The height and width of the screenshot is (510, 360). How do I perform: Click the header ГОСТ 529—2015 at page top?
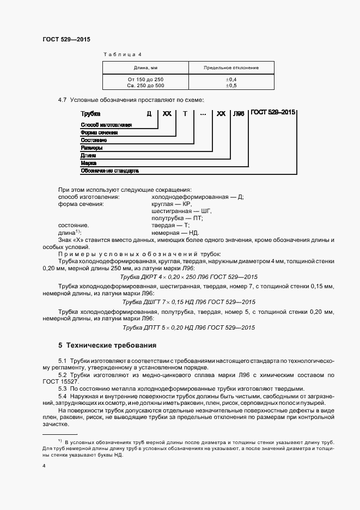[66, 40]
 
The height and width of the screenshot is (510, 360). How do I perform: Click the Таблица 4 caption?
[123, 55]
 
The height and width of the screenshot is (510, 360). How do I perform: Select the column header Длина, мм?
[145, 68]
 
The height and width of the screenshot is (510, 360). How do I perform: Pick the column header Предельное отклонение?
[231, 68]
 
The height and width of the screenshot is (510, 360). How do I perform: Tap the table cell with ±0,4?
[231, 80]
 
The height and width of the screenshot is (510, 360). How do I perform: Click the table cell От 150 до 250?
[145, 80]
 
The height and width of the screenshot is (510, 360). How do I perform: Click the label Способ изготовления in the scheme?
[106, 125]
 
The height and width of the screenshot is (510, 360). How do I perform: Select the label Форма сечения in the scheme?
[99, 132]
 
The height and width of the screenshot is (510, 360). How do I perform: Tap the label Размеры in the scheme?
[91, 148]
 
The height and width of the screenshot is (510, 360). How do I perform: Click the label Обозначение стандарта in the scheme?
[110, 171]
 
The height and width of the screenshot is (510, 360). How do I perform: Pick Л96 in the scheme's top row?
[238, 114]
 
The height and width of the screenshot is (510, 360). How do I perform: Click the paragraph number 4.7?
[62, 100]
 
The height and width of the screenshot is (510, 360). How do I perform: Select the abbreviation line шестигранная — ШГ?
[181, 210]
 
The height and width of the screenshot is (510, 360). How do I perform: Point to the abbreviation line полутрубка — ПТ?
[178, 218]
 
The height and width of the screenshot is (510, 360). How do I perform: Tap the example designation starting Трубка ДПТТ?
[188, 327]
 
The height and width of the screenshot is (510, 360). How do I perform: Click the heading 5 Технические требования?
[107, 345]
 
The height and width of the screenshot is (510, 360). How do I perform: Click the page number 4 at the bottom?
[44, 466]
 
